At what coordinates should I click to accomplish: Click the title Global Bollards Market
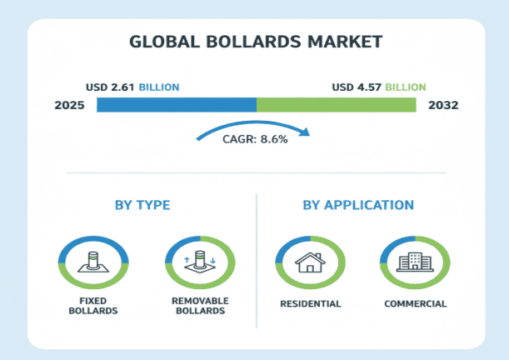254,41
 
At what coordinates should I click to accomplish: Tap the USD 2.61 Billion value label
132,87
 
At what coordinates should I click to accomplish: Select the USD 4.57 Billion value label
378,87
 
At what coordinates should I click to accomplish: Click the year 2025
69,106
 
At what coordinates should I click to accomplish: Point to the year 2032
442,106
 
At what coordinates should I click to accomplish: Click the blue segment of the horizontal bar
176,105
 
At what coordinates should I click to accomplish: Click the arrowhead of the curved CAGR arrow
306,132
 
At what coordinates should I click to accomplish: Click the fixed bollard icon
92,262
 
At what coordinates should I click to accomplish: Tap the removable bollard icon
197,262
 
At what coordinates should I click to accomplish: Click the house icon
309,262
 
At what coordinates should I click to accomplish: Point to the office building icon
414,262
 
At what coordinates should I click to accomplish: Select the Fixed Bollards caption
92,306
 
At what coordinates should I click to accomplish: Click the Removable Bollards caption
197,306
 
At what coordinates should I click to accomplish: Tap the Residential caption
309,303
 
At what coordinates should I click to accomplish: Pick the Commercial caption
415,303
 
